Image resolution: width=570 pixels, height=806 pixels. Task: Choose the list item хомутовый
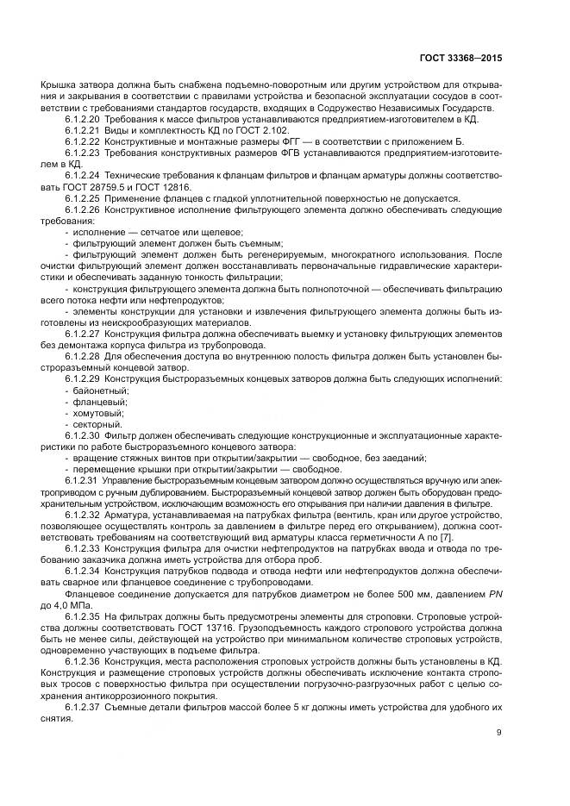[100, 413]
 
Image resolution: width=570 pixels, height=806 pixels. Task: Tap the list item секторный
[98, 424]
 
